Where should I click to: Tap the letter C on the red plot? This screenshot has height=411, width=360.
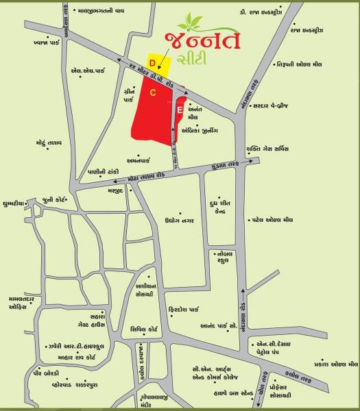[154, 92]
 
